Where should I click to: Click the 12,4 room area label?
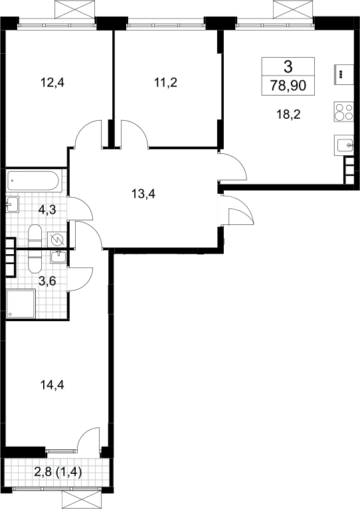[52, 83]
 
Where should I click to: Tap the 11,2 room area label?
[165, 83]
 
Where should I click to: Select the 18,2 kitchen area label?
[288, 114]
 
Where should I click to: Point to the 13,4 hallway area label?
[143, 194]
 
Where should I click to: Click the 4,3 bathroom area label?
[47, 210]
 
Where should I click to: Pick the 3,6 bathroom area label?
[47, 281]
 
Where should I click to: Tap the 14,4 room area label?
[52, 385]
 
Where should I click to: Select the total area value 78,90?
[288, 86]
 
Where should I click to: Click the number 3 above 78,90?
[288, 67]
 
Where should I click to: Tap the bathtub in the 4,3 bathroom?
[34, 181]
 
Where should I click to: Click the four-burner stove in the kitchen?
[344, 112]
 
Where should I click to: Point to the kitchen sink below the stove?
[344, 145]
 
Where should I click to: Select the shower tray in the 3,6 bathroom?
[21, 304]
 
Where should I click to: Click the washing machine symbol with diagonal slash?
[57, 240]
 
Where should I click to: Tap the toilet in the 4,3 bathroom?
[35, 235]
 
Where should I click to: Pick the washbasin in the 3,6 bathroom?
[59, 256]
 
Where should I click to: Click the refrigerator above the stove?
[344, 74]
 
